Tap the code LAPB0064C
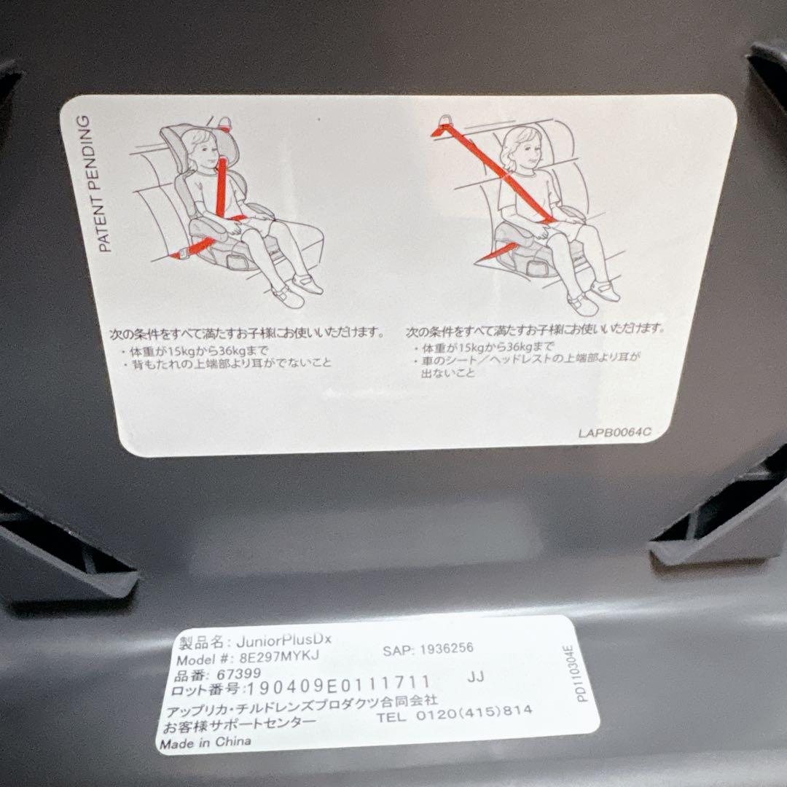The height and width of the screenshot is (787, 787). point(615,432)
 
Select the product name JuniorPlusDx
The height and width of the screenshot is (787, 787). point(284,640)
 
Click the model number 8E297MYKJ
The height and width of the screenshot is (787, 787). point(278,656)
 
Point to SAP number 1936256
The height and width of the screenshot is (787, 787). point(447,649)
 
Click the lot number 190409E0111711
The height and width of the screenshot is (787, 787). point(338,684)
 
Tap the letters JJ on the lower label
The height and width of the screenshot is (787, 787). point(476,677)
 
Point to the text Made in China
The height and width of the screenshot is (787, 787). point(205,743)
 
